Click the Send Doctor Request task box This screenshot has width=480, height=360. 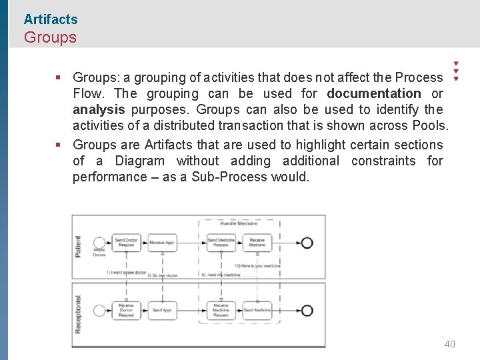(x=126, y=243)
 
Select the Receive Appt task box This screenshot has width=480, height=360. (x=162, y=243)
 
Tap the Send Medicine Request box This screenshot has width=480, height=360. (x=221, y=243)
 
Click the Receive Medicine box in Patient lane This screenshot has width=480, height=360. (x=257, y=243)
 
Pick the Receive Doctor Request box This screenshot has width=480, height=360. (x=126, y=310)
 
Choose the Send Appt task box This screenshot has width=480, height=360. (x=162, y=310)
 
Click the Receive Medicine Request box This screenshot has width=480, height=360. (x=221, y=310)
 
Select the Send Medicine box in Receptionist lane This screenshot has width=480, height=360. (x=257, y=310)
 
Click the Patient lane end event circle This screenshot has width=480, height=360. (x=307, y=243)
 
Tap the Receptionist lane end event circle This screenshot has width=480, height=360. (x=307, y=310)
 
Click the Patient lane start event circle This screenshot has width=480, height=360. (x=100, y=243)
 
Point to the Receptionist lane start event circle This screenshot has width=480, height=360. (x=100, y=310)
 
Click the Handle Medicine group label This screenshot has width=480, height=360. (x=239, y=224)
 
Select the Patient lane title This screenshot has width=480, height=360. (x=79, y=246)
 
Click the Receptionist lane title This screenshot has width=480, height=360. (x=79, y=314)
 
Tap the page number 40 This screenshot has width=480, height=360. (x=450, y=344)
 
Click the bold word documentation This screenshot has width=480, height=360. (x=374, y=94)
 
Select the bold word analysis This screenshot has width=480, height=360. (x=99, y=110)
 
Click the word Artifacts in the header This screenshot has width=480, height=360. (x=51, y=20)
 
